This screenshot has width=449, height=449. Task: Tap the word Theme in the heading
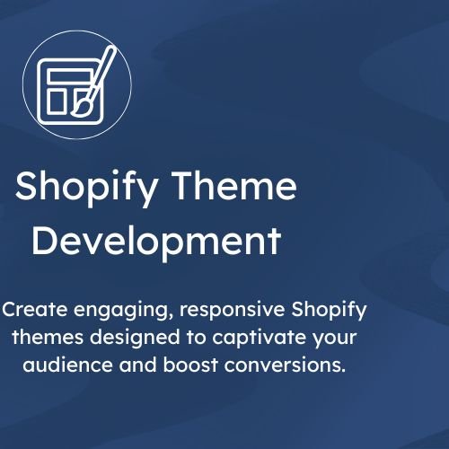click(x=234, y=186)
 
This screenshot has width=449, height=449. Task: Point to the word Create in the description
click(x=35, y=309)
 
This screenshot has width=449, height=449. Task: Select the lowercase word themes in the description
click(x=48, y=337)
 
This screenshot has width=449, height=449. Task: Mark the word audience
click(x=67, y=365)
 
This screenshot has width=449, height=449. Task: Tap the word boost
click(x=190, y=365)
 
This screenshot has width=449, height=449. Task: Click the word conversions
click(x=285, y=365)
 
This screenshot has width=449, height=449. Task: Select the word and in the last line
click(x=138, y=365)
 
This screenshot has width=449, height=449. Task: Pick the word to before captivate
click(x=197, y=338)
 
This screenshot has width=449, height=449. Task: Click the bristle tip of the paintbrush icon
click(x=74, y=113)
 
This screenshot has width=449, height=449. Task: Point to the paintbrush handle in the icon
click(x=101, y=72)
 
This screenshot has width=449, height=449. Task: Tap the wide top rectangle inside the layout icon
click(x=70, y=76)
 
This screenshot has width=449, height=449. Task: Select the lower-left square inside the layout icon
click(x=58, y=101)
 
